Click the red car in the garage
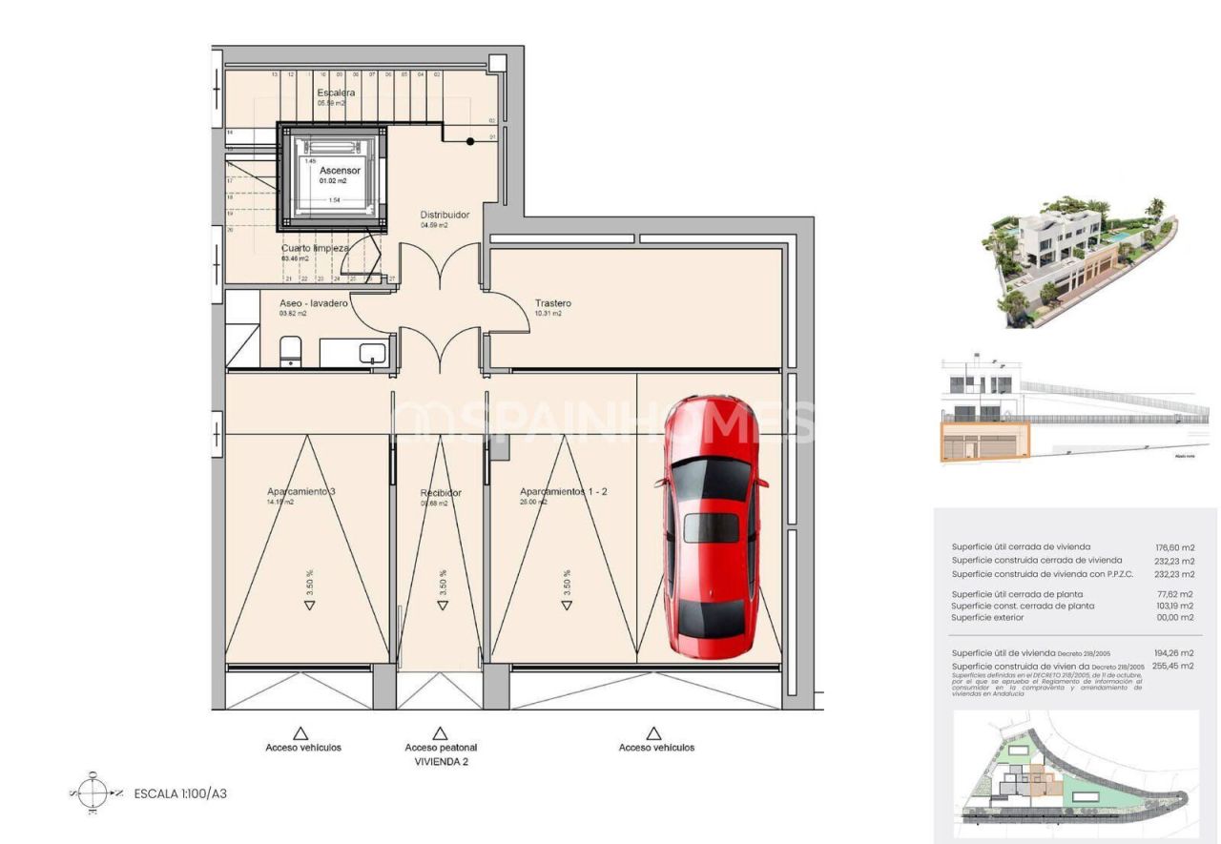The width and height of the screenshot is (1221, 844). [712, 529]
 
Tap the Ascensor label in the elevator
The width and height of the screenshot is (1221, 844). [340, 171]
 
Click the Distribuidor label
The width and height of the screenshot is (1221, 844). [445, 215]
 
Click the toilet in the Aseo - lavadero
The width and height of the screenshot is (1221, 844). [291, 351]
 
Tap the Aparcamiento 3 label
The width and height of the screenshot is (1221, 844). [300, 492]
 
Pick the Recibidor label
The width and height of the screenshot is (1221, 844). [441, 493]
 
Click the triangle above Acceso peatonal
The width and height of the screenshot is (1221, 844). [440, 733]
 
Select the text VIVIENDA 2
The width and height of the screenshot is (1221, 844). [441, 762]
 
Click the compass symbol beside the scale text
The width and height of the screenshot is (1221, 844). [93, 793]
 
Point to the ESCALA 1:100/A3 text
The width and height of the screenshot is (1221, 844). [180, 793]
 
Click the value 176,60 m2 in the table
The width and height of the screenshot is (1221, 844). [1174, 547]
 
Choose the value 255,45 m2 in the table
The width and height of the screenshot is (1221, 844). [1172, 666]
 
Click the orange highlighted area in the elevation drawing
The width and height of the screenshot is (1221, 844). [984, 443]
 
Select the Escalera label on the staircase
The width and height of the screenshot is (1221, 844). [336, 93]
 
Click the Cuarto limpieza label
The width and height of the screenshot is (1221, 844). [315, 248]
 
